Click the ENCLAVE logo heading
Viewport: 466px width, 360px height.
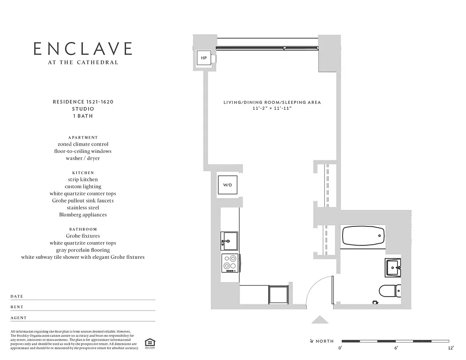tap(83, 49)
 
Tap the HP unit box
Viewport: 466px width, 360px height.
tap(204, 58)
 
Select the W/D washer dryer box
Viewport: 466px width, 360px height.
tap(227, 185)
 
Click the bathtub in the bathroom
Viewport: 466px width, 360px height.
tap(363, 235)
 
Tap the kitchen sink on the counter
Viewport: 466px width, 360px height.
tap(229, 240)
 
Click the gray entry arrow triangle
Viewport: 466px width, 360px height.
tap(320, 319)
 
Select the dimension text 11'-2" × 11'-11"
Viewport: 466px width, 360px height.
tap(272, 109)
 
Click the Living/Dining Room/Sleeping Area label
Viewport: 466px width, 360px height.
tap(272, 103)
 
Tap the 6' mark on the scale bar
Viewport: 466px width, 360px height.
tap(396, 348)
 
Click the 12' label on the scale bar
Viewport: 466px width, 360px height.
tap(451, 348)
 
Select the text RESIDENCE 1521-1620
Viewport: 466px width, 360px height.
tap(83, 102)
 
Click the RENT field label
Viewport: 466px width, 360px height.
tap(17, 307)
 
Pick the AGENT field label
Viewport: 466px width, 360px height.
tap(18, 318)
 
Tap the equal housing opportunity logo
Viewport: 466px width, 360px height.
tap(149, 343)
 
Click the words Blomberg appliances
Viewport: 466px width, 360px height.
tap(83, 215)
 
